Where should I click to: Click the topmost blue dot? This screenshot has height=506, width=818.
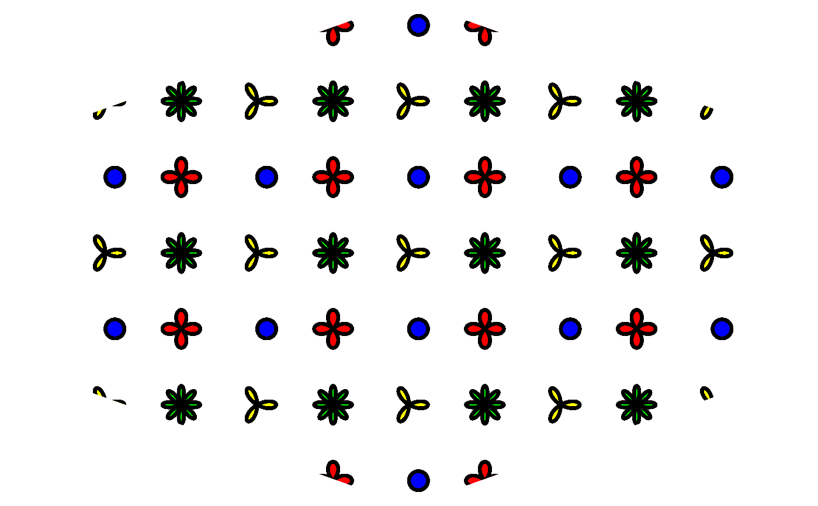coord(418,25)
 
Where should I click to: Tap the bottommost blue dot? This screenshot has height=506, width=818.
coord(418,481)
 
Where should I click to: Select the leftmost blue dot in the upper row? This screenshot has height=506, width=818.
coord(115,177)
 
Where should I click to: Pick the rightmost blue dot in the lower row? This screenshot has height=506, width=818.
coord(722,329)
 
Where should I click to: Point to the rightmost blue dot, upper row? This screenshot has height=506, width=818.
coord(722,177)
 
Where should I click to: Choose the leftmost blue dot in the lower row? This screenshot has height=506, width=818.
coord(115,329)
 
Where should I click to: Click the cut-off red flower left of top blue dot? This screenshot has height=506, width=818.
coord(337,30)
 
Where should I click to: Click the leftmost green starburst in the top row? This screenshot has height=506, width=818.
coord(181,101)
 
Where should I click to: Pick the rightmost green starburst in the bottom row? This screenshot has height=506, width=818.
coord(637,404)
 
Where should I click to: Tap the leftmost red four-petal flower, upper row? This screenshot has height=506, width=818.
coord(181,177)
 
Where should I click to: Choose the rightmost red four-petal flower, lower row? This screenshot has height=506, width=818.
coord(637,329)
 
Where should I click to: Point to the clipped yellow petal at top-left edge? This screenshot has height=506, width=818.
coord(100,112)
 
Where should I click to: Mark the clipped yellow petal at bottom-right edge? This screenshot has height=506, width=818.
coord(707,394)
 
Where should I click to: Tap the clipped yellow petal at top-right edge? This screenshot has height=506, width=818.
coord(707,111)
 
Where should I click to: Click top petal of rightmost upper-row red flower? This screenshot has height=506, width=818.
coord(637,167)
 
